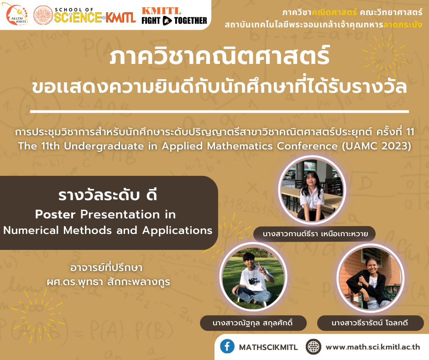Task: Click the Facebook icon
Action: click(x=227, y=346)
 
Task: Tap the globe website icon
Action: click(x=313, y=347)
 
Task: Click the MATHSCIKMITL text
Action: click(x=268, y=347)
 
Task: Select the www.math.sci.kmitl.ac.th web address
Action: click(x=373, y=347)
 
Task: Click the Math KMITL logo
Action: click(x=17, y=14)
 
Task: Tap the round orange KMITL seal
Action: click(x=43, y=15)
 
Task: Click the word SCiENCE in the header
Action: click(x=78, y=17)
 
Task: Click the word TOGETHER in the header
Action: click(x=190, y=21)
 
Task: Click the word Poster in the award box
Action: click(x=55, y=214)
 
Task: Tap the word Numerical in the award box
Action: click(x=31, y=230)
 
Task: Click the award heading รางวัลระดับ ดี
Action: click(x=108, y=195)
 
